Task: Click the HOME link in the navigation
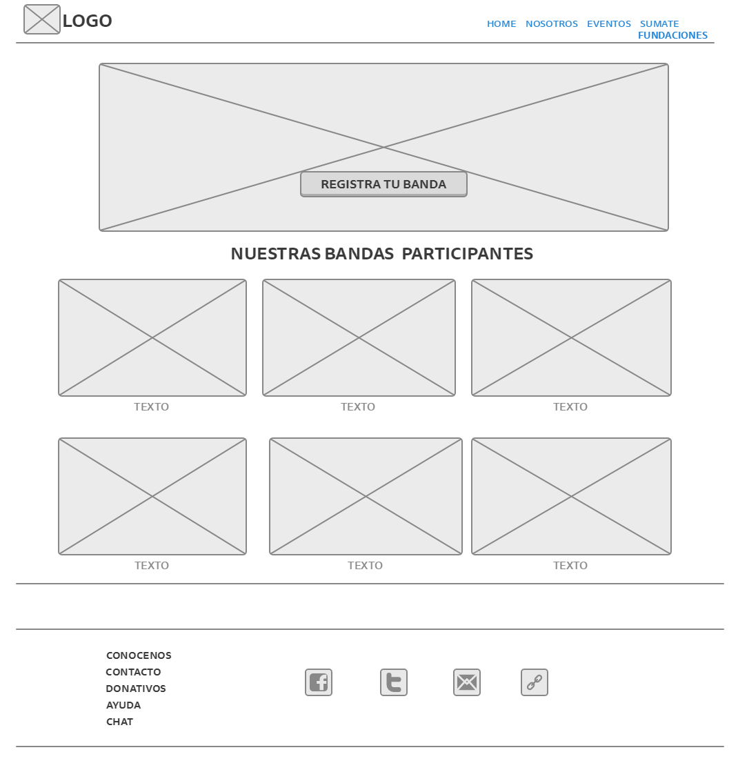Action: point(501,23)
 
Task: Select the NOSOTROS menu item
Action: point(552,23)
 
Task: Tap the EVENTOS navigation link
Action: point(609,23)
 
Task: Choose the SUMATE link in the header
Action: point(659,23)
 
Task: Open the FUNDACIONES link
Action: point(672,35)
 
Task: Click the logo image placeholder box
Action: point(42,19)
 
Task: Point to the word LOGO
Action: point(88,21)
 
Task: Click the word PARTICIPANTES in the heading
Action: point(467,254)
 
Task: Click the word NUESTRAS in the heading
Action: point(276,254)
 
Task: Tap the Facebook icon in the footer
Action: point(319,682)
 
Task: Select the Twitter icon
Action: point(394,682)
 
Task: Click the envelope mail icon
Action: point(467,682)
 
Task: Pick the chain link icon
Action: point(535,682)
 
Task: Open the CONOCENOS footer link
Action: point(139,655)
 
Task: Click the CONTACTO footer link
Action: point(133,672)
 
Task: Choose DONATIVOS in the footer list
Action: point(136,689)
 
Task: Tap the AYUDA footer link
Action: point(123,705)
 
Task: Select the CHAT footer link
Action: point(119,722)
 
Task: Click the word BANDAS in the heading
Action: point(359,254)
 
